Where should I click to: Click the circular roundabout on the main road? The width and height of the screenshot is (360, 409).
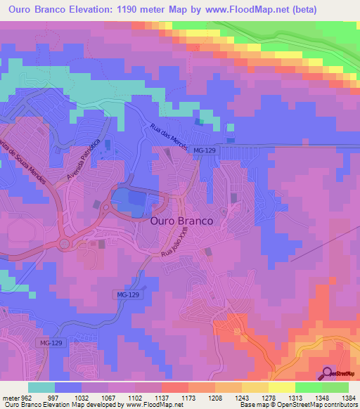click(x=65, y=244)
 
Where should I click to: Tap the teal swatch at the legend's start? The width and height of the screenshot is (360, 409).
click(x=41, y=387)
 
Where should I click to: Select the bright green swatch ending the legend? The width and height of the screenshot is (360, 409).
click(x=335, y=387)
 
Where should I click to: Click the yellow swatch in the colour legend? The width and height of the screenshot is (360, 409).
click(x=281, y=387)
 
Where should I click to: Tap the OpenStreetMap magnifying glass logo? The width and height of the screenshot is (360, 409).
click(x=328, y=374)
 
